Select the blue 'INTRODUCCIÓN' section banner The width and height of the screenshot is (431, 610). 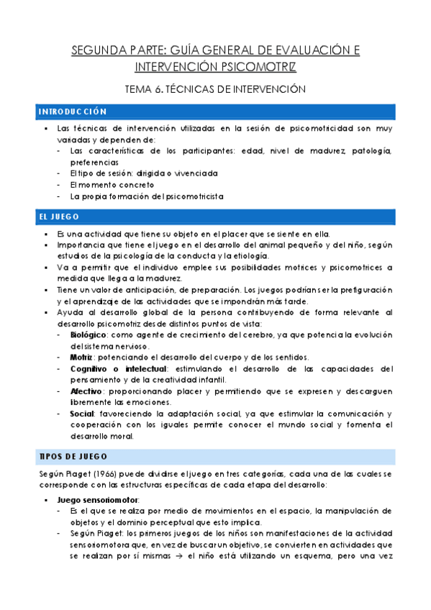coord(215,112)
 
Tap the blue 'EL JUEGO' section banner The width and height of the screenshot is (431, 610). coord(215,217)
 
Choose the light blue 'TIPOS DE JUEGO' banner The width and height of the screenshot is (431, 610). coord(215,456)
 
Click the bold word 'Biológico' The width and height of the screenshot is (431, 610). coord(87,336)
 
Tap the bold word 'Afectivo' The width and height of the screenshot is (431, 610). coord(86,391)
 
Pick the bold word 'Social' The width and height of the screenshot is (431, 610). coord(83,414)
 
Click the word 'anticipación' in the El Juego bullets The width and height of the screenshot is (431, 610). coord(134,290)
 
